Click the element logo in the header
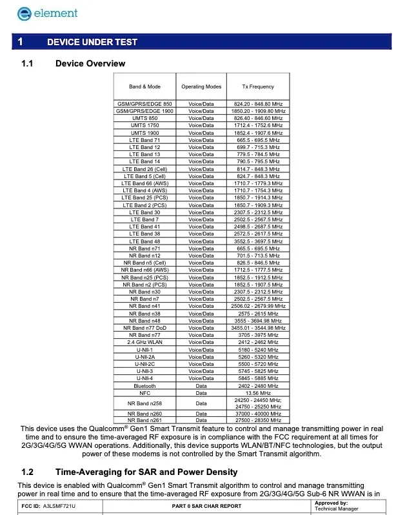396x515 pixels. [40, 12]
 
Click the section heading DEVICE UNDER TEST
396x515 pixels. [92, 42]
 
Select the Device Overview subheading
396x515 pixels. [90, 63]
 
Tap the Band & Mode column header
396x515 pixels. [144, 86]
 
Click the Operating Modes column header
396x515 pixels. [201, 86]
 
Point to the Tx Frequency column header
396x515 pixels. [258, 86]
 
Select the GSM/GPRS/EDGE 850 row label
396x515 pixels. [144, 104]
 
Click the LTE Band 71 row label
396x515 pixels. [144, 140]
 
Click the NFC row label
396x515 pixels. [144, 392]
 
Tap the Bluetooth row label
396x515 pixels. [144, 386]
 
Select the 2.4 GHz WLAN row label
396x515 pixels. [144, 342]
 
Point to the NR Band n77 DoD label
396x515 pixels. [144, 328]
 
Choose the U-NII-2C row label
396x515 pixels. [144, 364]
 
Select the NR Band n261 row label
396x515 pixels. [144, 420]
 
